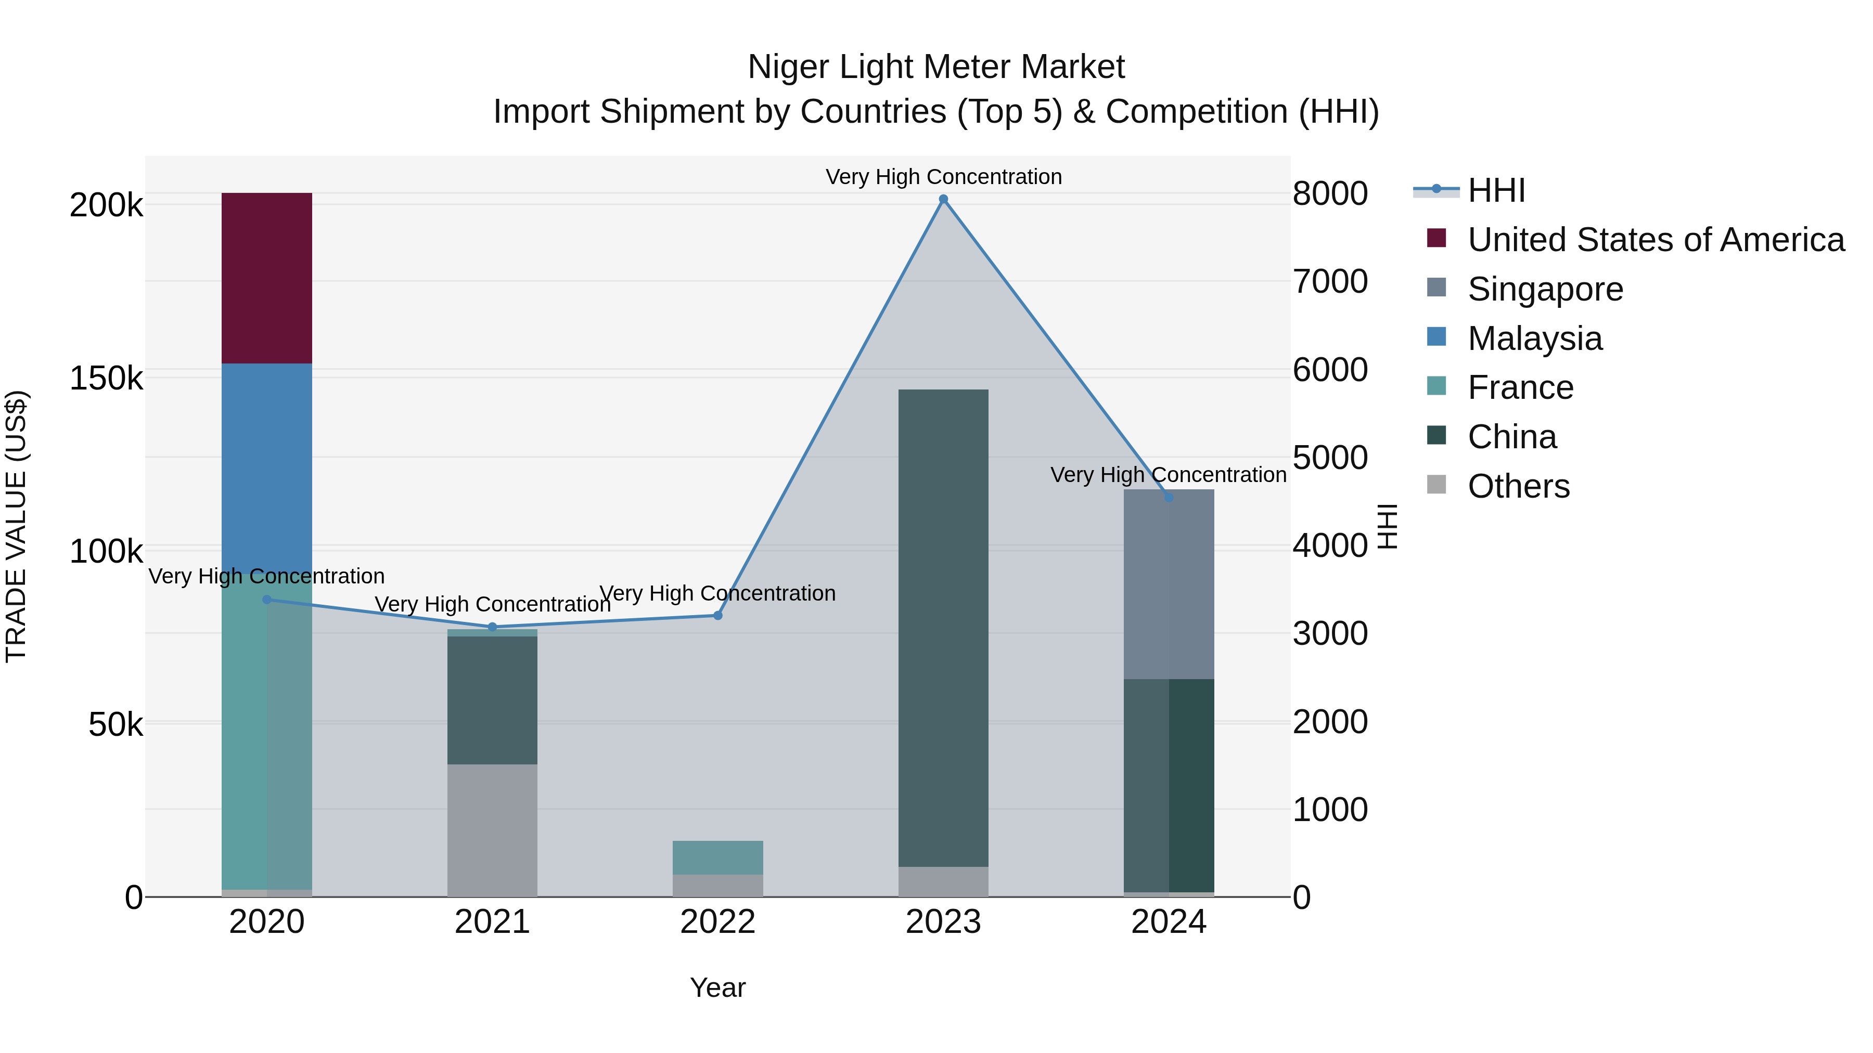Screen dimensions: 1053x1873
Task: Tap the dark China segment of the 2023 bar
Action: [x=943, y=627]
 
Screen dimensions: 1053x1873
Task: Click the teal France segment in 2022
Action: [x=717, y=857]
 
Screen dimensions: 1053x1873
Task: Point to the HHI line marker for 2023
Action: [x=943, y=199]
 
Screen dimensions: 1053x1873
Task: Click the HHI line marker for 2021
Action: [x=492, y=627]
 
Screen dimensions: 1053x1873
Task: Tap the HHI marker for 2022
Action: [x=717, y=616]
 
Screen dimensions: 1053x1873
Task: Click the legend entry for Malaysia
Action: [x=1534, y=339]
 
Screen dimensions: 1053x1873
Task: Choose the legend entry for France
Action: [x=1520, y=388]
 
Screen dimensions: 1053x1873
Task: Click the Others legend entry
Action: [x=1518, y=486]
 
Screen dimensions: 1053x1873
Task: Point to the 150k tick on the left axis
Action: [x=106, y=379]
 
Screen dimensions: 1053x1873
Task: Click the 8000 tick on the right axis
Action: [x=1330, y=194]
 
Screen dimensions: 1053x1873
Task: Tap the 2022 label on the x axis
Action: [x=717, y=922]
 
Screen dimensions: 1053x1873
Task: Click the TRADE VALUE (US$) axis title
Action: [x=16, y=526]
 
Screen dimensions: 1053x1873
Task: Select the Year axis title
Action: [x=717, y=987]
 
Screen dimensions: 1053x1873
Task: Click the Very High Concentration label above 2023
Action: [x=943, y=177]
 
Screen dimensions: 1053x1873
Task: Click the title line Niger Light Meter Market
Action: [x=936, y=67]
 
